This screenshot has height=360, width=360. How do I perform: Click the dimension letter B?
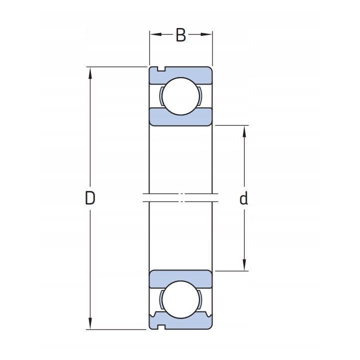180,35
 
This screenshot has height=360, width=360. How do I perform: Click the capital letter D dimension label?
90,198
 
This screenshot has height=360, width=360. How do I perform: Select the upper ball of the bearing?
180,96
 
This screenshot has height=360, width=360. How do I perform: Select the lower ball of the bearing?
180,299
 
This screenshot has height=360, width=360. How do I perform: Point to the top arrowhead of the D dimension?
90,73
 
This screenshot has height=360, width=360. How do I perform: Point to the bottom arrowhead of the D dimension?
90,323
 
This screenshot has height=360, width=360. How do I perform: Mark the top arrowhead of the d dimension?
244,131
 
